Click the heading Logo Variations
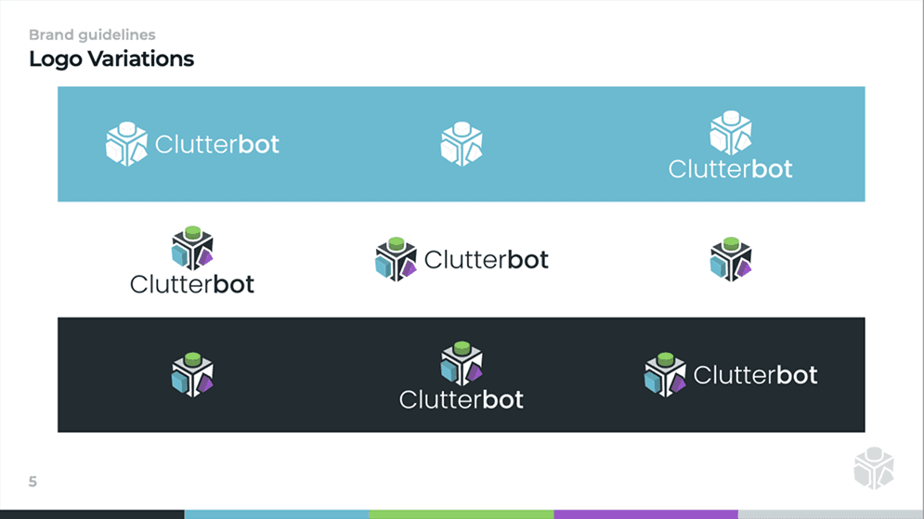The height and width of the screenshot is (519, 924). pos(111,59)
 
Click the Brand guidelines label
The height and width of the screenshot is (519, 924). pos(92,35)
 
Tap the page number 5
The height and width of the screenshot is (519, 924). pos(33,482)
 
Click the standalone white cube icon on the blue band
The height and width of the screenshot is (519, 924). pos(462,144)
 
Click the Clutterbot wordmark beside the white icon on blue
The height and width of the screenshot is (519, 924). pos(217,145)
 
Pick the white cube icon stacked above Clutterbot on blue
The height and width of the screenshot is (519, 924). pos(731,132)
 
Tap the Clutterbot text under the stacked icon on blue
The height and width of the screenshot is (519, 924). pos(731,169)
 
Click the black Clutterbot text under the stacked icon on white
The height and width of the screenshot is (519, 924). pos(192,283)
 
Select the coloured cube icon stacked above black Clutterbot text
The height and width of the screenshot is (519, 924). pos(192,247)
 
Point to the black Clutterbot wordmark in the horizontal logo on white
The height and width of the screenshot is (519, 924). pos(486,260)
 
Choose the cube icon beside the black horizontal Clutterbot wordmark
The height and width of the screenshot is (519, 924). pos(397,259)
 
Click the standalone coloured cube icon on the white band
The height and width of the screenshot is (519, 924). pos(731,259)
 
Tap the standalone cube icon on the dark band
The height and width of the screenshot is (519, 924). pos(192,374)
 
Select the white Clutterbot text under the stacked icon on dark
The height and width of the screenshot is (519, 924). pos(462,399)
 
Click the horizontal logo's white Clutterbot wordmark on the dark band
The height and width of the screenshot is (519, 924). pos(755,375)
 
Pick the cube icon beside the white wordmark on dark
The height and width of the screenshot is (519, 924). pos(665,374)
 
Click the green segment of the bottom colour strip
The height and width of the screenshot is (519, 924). pos(461,513)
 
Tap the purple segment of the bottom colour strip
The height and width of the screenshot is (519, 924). pos(645,513)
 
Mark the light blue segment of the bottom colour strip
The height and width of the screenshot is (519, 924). pos(276,513)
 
